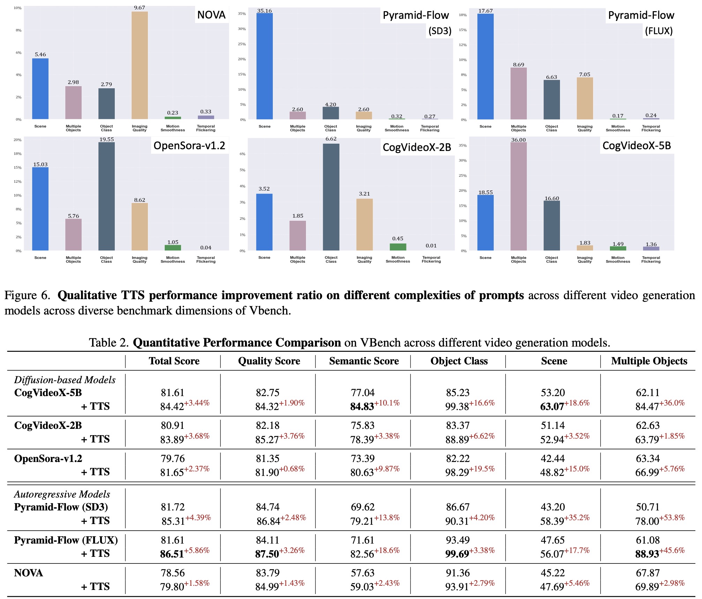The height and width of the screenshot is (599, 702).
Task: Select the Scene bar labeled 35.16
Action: (264, 66)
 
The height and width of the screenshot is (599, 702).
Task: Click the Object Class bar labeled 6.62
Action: (331, 197)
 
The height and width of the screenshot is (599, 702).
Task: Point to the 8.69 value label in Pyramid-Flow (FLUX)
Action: (518, 65)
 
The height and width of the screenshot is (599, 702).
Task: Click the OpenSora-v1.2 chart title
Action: (189, 145)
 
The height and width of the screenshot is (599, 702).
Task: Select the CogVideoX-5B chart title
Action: (636, 145)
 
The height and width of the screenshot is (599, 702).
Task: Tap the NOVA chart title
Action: (211, 15)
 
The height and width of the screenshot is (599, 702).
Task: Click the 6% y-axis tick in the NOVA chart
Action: (18, 53)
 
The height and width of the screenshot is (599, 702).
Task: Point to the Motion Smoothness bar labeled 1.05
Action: (173, 248)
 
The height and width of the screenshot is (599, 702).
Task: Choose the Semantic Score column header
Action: (364, 361)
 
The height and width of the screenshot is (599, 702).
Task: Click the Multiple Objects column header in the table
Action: (649, 361)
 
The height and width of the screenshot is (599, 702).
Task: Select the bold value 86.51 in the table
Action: (172, 554)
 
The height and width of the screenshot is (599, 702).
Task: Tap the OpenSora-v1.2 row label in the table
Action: (48, 458)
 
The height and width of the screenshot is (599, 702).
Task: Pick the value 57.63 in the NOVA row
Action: (363, 573)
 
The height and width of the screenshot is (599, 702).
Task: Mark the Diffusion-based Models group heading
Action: (65, 380)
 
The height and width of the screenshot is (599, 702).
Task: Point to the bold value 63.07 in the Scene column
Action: (552, 407)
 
